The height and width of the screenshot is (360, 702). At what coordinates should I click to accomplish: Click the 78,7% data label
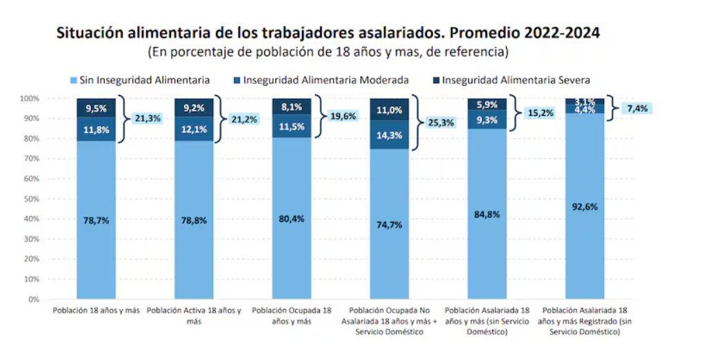[96, 220]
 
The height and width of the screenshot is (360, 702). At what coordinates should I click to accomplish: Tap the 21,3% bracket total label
[148, 119]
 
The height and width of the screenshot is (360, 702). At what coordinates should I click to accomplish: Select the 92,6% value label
[585, 207]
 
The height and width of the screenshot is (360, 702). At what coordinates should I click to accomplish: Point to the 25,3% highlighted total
[441, 123]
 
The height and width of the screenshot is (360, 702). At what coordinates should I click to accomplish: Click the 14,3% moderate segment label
[389, 135]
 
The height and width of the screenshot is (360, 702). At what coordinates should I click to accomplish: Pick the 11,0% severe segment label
[389, 110]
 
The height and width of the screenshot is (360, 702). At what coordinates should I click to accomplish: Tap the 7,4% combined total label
[637, 108]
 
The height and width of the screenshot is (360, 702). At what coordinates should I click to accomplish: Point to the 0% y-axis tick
[34, 299]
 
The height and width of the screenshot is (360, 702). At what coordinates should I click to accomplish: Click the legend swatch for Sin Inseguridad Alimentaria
[73, 81]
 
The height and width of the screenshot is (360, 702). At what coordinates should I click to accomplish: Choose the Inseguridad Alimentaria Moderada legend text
[325, 80]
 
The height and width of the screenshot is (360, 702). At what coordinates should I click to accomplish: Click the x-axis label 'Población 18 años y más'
[97, 310]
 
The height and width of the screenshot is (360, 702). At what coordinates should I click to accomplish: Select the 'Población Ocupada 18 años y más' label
[292, 316]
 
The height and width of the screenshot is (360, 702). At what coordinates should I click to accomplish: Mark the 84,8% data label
[487, 214]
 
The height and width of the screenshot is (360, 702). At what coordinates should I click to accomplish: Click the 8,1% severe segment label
[292, 107]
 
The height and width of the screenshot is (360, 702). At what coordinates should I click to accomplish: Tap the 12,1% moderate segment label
[194, 130]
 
